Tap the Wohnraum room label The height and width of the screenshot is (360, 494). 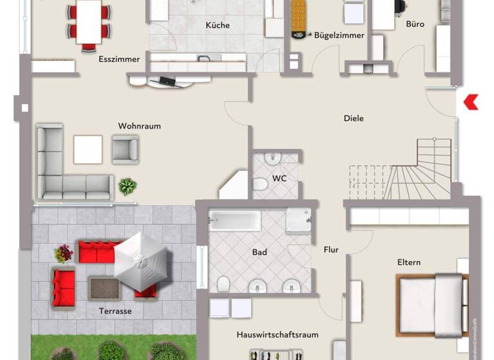140,126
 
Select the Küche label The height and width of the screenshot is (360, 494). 217,26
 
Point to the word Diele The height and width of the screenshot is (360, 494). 354,118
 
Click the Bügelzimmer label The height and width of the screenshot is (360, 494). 339,36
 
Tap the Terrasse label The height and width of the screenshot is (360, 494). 116,311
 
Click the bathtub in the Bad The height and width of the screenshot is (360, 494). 235,221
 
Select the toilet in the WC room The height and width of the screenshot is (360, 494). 261,185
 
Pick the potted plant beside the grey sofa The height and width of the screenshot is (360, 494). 127,186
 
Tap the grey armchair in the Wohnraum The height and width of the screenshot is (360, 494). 125,149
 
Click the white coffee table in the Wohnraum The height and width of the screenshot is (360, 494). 88,150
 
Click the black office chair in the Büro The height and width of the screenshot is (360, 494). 399,6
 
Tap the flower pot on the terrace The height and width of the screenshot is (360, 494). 64,253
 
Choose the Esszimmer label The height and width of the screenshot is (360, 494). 119,59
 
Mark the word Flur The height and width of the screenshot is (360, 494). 331,250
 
